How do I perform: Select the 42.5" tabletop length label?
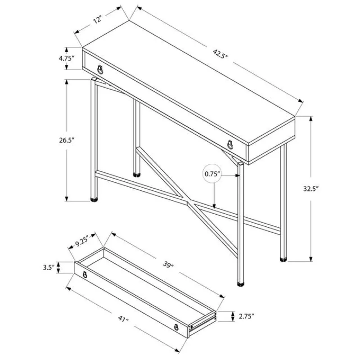coord(220,54)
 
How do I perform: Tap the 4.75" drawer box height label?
coord(67,58)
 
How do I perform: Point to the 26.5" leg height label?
coord(67,140)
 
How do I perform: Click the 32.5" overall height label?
coord(311,189)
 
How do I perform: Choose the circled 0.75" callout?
coord(212,174)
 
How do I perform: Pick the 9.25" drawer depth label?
coord(82,242)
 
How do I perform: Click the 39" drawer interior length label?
coord(168,265)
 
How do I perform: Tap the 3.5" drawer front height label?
coord(49,267)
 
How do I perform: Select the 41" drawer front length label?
coord(123,319)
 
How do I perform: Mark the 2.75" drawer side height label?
coord(246,317)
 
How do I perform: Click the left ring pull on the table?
coord(100,70)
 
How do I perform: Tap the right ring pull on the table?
coord(230,144)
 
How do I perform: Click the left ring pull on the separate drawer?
coord(85,274)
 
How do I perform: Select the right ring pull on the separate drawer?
coord(176,327)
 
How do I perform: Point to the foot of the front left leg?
coord(94,199)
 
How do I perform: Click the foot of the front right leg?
coord(241,284)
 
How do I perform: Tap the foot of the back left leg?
coord(137,175)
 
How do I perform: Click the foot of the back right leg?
coord(283,260)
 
